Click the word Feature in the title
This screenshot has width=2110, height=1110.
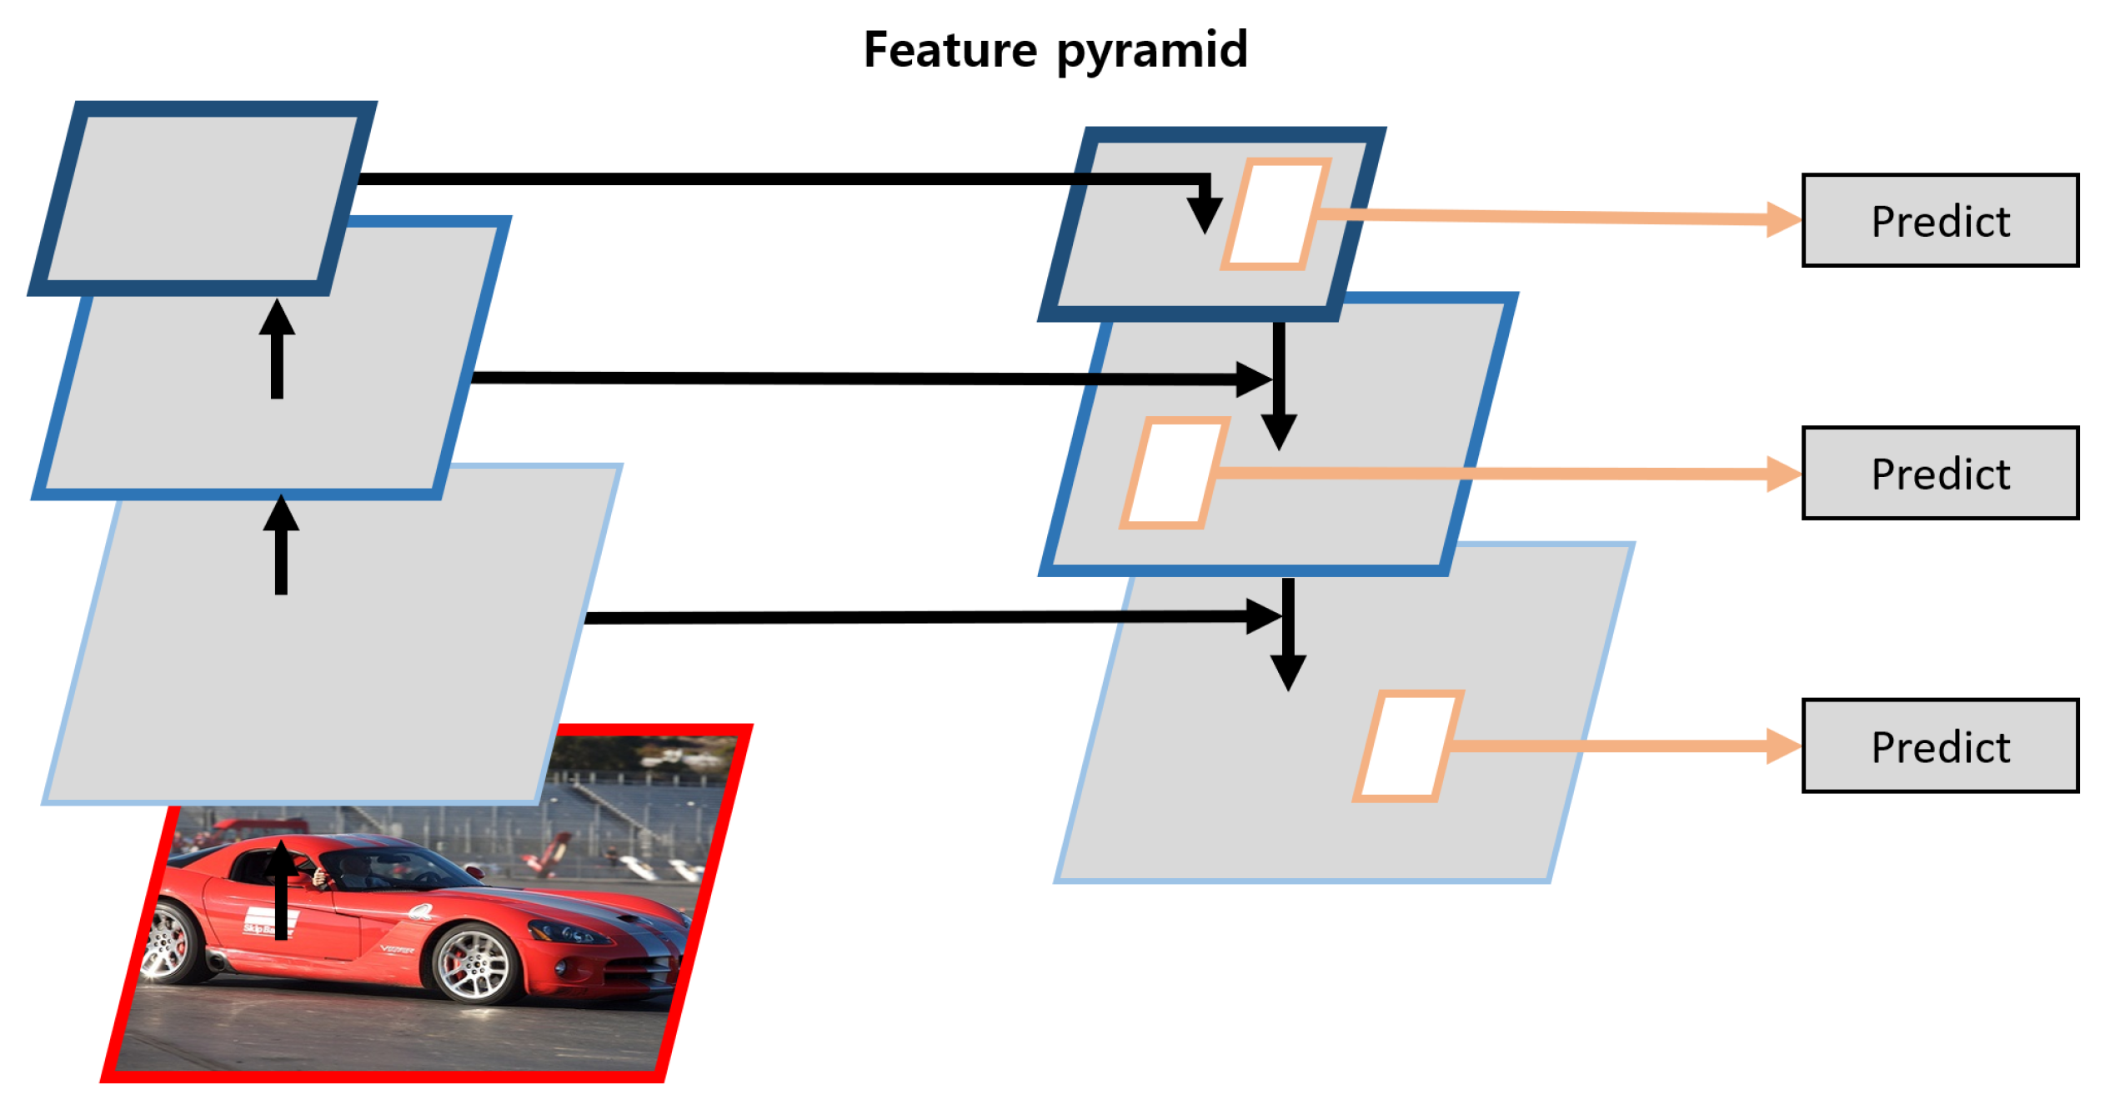[x=950, y=50]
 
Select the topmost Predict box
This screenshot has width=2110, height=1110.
[x=1939, y=221]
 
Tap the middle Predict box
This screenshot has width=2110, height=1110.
[x=1939, y=474]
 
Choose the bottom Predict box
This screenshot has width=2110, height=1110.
[x=1939, y=746]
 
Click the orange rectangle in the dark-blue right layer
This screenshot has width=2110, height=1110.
[x=1276, y=214]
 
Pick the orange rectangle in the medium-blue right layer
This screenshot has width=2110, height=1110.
[x=1174, y=474]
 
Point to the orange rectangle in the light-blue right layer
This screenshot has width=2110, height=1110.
[x=1407, y=746]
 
